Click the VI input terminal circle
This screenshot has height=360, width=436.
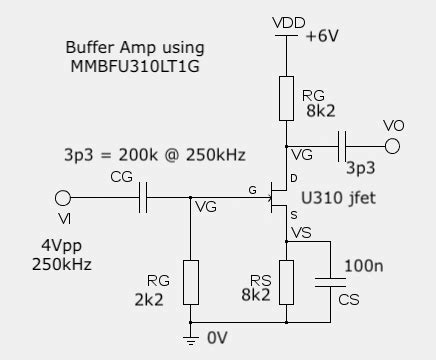pos(63,198)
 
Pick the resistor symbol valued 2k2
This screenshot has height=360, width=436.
pos(189,282)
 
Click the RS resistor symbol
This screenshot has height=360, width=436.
pos(287,282)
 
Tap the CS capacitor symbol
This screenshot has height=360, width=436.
pos(330,281)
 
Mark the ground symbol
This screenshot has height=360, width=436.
pos(189,340)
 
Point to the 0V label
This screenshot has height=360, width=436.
pos(219,339)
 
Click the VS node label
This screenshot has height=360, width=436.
pos(299,233)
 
